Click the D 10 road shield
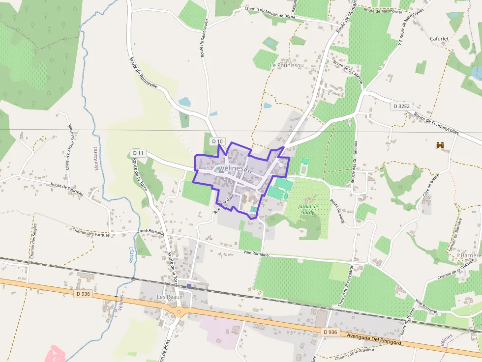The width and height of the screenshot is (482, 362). (217, 141)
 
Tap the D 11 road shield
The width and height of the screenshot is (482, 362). (138, 153)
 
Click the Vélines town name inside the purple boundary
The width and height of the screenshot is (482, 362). (232, 168)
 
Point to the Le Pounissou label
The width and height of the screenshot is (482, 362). (287, 65)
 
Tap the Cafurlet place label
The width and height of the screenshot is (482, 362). (439, 38)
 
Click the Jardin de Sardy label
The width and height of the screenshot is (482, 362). (308, 209)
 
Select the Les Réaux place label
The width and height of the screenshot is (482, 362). (169, 297)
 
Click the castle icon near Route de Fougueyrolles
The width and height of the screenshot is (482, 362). (440, 145)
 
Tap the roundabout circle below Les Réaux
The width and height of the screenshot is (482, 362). (179, 311)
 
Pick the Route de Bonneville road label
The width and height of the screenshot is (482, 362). (143, 72)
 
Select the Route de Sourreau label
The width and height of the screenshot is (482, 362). (67, 189)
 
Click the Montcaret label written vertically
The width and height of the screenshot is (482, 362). (96, 158)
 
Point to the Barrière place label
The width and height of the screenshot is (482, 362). (471, 256)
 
